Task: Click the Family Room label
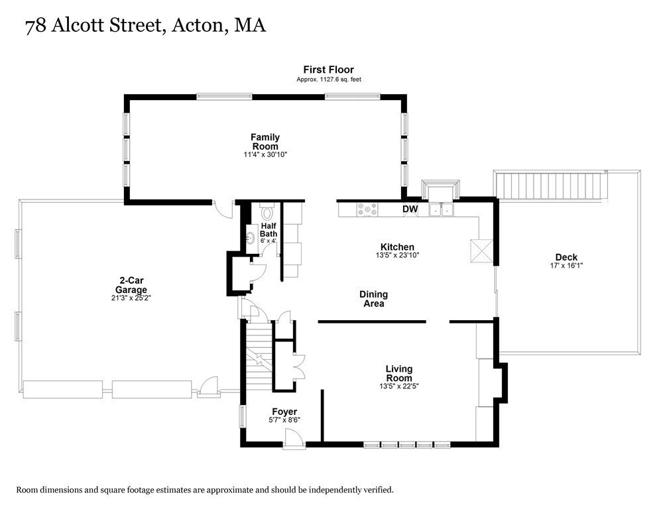(265, 142)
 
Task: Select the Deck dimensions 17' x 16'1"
(566, 266)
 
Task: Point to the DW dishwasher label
(410, 209)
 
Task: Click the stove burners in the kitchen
(367, 209)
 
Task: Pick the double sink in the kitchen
(441, 209)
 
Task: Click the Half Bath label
(268, 229)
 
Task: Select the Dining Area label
(373, 299)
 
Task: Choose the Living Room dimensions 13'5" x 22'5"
(399, 386)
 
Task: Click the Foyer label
(284, 412)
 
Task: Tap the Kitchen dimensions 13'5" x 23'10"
(397, 255)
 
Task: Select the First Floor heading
(328, 70)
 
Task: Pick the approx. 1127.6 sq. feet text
(328, 80)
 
